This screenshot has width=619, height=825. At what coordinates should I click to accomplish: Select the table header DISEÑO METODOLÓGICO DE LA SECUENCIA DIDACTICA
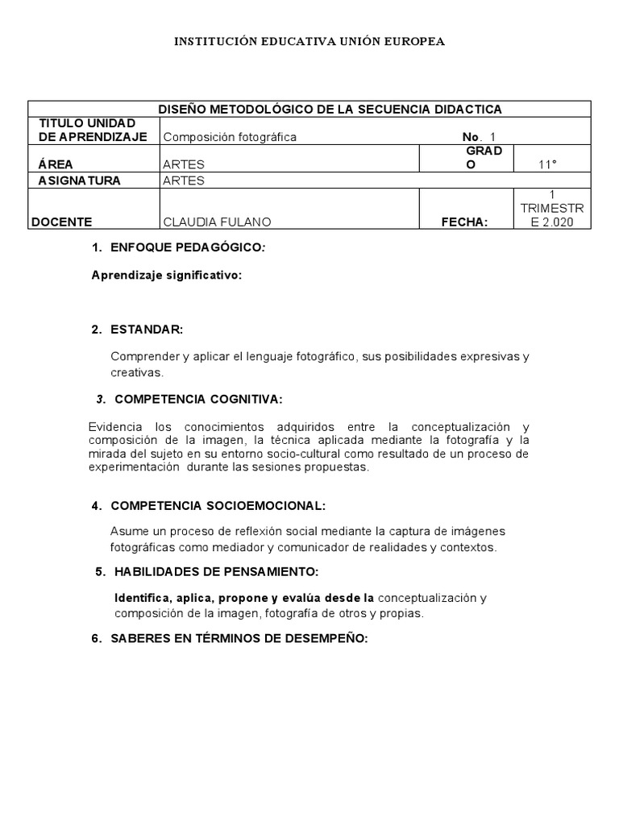click(x=330, y=109)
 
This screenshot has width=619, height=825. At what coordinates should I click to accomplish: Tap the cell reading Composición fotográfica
click(x=230, y=137)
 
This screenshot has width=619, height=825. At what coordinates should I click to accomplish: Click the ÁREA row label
click(x=55, y=164)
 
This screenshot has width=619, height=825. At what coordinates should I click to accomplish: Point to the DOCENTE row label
click(x=62, y=222)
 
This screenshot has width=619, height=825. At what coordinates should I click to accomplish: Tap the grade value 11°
click(x=548, y=164)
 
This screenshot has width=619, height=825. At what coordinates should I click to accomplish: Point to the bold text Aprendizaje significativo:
click(x=166, y=275)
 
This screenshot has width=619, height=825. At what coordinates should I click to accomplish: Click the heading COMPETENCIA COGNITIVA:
click(x=198, y=399)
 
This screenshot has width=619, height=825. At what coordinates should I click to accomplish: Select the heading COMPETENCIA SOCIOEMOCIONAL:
click(x=218, y=505)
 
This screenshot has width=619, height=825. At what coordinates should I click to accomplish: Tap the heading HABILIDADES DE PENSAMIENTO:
click(x=214, y=572)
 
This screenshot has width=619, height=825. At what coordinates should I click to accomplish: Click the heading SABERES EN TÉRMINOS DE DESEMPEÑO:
click(x=239, y=638)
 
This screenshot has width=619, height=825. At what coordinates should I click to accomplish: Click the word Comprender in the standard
click(x=144, y=356)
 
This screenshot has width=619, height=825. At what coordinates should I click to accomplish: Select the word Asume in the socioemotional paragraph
click(x=127, y=532)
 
